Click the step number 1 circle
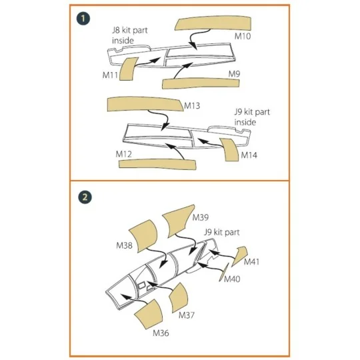tap(83, 19)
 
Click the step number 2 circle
tap(83, 197)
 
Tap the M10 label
tap(242, 37)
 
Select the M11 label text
tap(111, 77)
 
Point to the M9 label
tap(235, 72)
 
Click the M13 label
tap(193, 106)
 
